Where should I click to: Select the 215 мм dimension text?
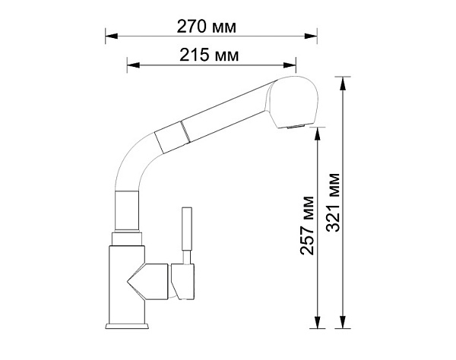click(x=209, y=56)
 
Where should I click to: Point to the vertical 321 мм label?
click(x=333, y=201)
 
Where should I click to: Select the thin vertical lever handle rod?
click(x=185, y=232)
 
